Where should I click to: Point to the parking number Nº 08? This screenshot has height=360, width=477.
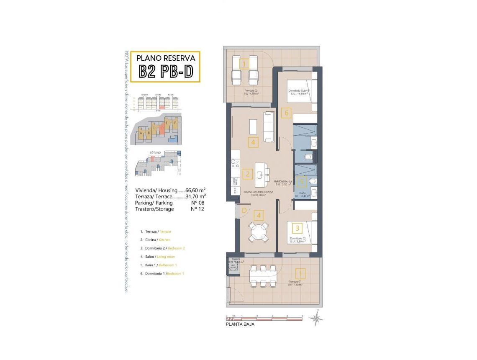pyautogui.click(x=197, y=203)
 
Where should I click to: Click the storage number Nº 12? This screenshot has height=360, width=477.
pyautogui.click(x=197, y=209)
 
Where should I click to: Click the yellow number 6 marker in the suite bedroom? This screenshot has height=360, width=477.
pyautogui.click(x=287, y=112)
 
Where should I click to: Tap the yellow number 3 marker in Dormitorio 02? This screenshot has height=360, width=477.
pyautogui.click(x=297, y=228)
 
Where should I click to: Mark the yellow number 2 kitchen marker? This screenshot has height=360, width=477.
pyautogui.click(x=248, y=174)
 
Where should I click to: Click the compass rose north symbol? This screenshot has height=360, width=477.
pyautogui.click(x=316, y=319)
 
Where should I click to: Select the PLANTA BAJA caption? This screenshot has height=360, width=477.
pyautogui.click(x=240, y=324)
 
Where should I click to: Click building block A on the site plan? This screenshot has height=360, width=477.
pyautogui.click(x=141, y=134)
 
